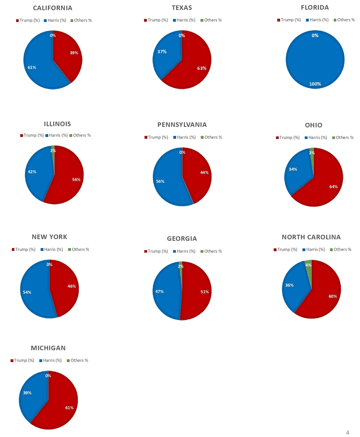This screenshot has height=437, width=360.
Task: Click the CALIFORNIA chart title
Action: coord(53,8)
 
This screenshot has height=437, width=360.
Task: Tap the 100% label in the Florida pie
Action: coord(315,84)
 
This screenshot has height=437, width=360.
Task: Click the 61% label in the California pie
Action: coord(32,67)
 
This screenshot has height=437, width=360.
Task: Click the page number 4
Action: coord(348,432)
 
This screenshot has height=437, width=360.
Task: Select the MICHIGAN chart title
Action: coord(48,348)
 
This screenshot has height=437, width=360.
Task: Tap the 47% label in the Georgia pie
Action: coord(159,291)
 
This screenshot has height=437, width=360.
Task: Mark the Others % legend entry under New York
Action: coord(79,249)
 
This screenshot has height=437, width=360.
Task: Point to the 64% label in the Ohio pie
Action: coord(333,187)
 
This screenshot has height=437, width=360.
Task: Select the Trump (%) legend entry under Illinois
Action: coord(32,135)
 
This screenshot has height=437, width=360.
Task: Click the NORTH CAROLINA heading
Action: coord(311,237)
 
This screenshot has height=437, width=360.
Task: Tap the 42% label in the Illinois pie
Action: coord(32,172)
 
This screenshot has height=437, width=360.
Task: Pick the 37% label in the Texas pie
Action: coord(162,52)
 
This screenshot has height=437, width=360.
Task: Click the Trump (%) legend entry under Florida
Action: coord(289,20)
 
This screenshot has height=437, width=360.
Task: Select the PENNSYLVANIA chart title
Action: coord(182,125)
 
